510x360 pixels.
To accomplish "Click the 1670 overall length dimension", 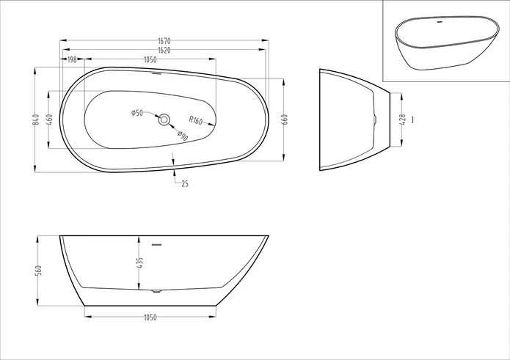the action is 164,41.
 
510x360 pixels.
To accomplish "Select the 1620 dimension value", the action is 164,50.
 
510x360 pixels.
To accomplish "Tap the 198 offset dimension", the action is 72,59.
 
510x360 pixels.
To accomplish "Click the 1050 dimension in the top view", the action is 150,59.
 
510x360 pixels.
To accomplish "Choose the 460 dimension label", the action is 49,120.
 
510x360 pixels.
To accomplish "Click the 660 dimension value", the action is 285,120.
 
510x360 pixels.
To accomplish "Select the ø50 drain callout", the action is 137,113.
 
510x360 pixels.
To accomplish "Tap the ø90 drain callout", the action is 183,136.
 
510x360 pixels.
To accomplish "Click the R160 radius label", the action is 195,120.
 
